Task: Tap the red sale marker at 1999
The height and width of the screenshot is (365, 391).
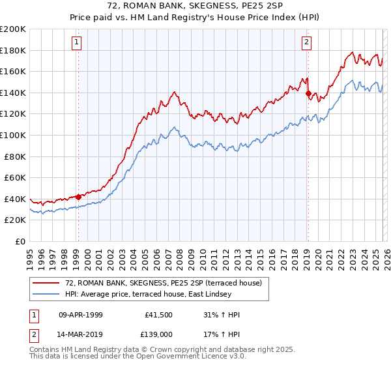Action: coord(78,196)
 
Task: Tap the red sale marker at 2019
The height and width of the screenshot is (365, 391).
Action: coord(308,93)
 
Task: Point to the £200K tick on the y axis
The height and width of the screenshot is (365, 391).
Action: coord(13,29)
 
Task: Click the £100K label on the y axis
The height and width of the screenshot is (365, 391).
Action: coord(13,135)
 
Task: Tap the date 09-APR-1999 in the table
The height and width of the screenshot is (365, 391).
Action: coord(81,315)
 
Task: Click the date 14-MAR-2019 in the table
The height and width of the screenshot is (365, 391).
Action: coord(81,333)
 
